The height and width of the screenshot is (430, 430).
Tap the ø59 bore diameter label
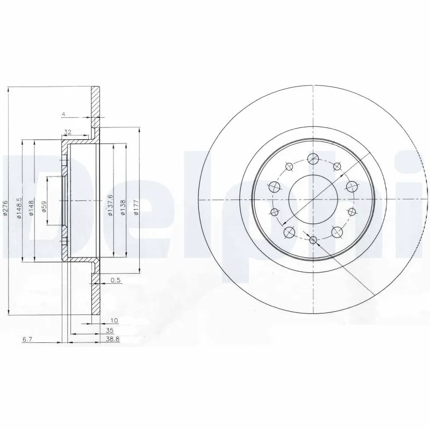pyautogui.click(x=44, y=206)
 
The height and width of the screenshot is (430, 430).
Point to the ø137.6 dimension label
pyautogui.click(x=110, y=206)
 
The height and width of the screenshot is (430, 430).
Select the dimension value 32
pyautogui.click(x=68, y=131)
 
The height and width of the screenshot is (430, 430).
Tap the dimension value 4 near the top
pyautogui.click(x=63, y=113)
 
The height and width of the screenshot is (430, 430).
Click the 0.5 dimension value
pyautogui.click(x=114, y=279)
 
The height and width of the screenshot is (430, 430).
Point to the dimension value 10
pyautogui.click(x=113, y=320)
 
